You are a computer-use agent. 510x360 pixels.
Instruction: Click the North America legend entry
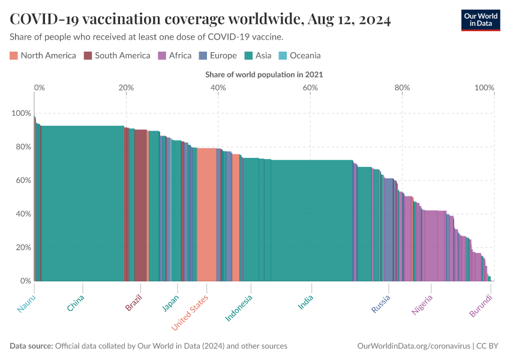pos(43,56)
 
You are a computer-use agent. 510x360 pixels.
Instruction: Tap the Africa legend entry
pos(175,56)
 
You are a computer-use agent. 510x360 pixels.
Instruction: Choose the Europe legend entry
pos(217,56)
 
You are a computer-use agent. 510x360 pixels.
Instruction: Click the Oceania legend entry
pos(299,56)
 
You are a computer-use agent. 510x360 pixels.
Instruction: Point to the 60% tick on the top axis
pos(310,88)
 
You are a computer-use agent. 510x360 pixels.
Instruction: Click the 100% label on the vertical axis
pos(21,113)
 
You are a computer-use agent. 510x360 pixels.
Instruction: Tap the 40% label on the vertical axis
pos(23,214)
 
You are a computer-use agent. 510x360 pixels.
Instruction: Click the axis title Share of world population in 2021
pos(264,74)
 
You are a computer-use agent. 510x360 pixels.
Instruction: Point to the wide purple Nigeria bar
pos(434,245)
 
